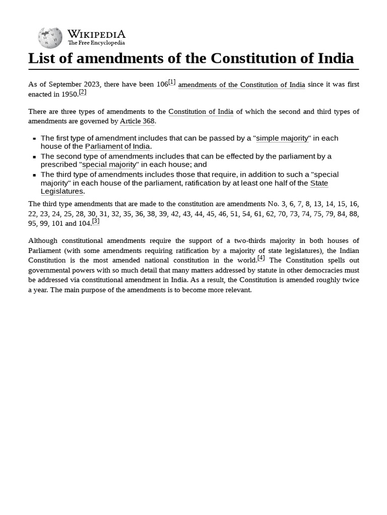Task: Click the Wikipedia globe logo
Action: (x=50, y=38)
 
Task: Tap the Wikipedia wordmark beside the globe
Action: (x=96, y=34)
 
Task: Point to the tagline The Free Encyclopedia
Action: (x=96, y=43)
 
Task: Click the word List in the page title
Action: (x=41, y=58)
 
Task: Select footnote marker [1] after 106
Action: (x=172, y=82)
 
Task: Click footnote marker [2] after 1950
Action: (x=83, y=92)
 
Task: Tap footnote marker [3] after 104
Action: (x=96, y=221)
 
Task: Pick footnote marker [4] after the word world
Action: (x=261, y=258)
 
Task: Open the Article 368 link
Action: (x=137, y=121)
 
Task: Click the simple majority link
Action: (x=282, y=138)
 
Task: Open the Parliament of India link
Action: (x=117, y=146)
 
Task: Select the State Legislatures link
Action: (x=62, y=191)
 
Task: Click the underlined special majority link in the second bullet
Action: (x=109, y=164)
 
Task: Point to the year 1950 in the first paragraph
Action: (x=70, y=94)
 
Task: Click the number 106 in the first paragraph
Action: (x=162, y=84)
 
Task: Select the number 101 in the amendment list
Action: (x=57, y=223)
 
